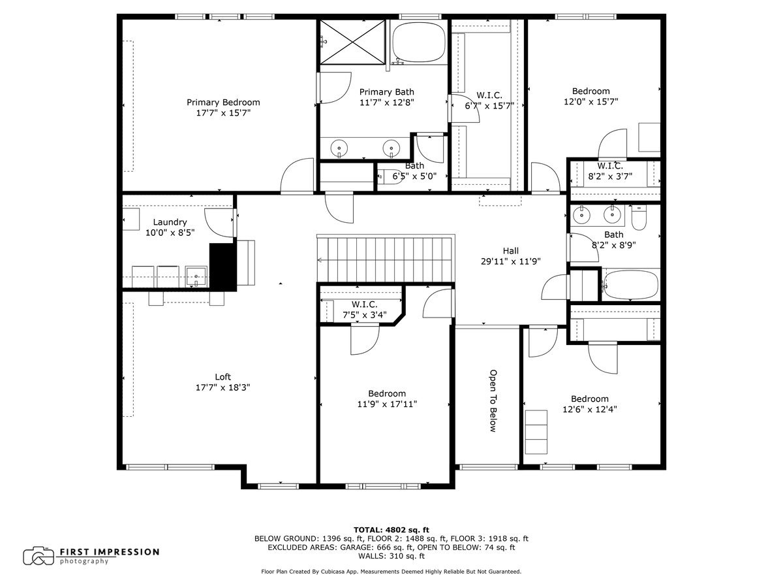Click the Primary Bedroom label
coord(223,102)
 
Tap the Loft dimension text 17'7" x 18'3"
coord(223,387)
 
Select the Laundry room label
coord(170,222)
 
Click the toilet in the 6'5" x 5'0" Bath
coord(386,175)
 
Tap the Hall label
coord(510,250)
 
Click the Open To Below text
coord(493,400)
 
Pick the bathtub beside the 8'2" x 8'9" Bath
coord(629,285)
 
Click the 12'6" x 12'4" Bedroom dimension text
coord(590,410)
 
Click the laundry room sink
coord(196,276)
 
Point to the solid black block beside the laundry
coord(222,266)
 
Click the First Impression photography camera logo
coord(38,556)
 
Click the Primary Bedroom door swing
coord(296,176)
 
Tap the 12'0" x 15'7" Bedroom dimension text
coord(591,101)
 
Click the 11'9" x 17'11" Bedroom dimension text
coord(387,404)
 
